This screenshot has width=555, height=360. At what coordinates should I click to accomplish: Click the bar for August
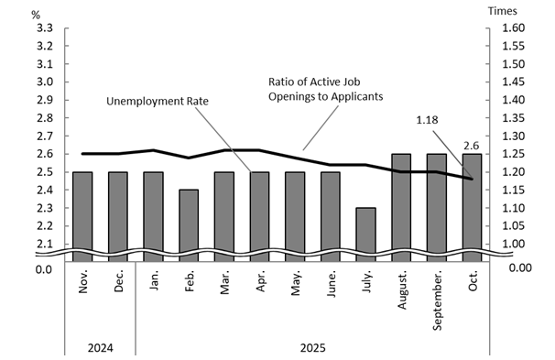401,206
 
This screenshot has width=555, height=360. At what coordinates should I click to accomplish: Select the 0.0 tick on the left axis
42,268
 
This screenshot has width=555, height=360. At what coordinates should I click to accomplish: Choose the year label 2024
100,348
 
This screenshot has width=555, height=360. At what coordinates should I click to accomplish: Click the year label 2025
312,348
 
